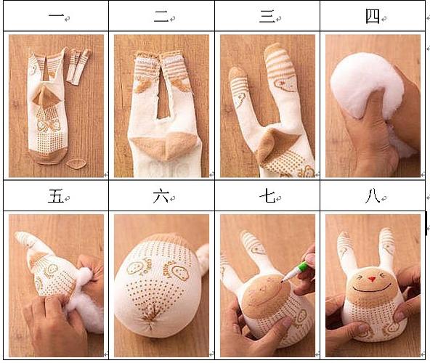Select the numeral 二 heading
[161, 16]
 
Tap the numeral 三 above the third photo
[267, 16]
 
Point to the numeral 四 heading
[372, 16]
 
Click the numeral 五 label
[54, 195]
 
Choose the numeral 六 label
[161, 195]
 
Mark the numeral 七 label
[267, 195]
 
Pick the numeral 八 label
[372, 195]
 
